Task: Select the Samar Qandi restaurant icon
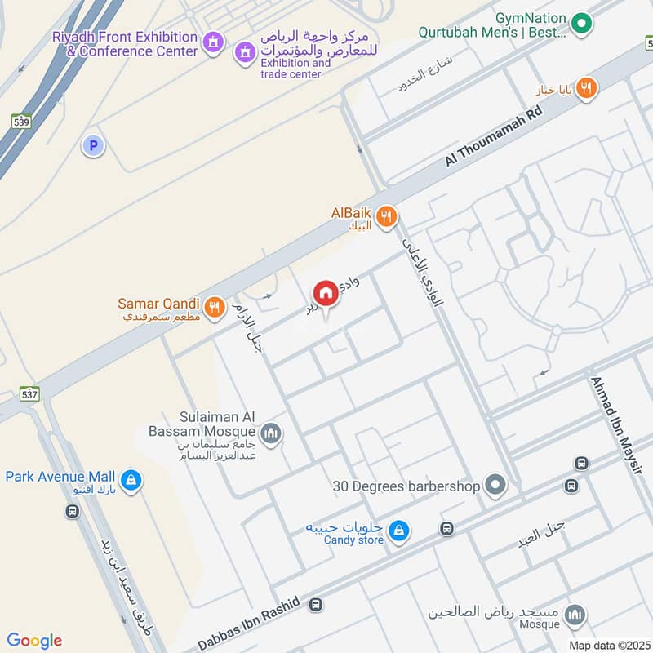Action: [214, 307]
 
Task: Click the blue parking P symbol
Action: [94, 146]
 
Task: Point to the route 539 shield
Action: [22, 121]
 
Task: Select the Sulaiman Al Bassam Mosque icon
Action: [271, 433]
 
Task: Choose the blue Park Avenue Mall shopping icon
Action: [131, 481]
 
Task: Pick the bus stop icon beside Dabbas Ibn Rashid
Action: [316, 605]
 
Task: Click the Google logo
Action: [34, 640]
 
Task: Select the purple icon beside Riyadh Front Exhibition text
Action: [212, 41]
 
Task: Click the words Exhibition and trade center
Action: [295, 69]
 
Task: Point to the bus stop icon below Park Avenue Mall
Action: [72, 511]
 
